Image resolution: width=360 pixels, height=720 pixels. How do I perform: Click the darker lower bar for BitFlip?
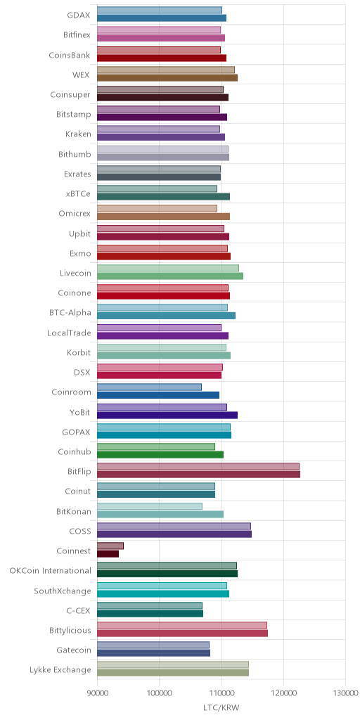tap(198, 475)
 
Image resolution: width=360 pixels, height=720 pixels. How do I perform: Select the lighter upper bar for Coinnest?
tap(110, 546)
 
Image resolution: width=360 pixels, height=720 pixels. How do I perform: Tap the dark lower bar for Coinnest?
tap(108, 554)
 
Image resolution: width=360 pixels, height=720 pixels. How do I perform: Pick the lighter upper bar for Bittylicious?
tap(182, 625)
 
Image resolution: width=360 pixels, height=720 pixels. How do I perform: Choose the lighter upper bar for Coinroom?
tap(149, 387)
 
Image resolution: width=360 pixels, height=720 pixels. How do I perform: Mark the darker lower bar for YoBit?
tap(167, 415)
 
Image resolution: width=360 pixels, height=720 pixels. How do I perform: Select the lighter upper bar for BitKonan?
tap(150, 506)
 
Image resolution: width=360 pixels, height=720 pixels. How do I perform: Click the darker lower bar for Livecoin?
tap(170, 276)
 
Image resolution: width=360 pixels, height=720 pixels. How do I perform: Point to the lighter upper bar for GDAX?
tap(160, 10)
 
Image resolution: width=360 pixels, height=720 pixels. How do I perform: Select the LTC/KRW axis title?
tap(221, 707)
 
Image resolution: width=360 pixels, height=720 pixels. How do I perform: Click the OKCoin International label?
tap(51, 571)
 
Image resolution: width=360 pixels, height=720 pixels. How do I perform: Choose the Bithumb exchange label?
tap(75, 154)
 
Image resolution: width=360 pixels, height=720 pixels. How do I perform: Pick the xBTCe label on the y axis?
tap(78, 194)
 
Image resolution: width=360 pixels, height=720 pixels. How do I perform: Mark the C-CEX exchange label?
tap(79, 610)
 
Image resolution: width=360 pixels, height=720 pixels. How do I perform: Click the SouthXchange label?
tap(63, 591)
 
